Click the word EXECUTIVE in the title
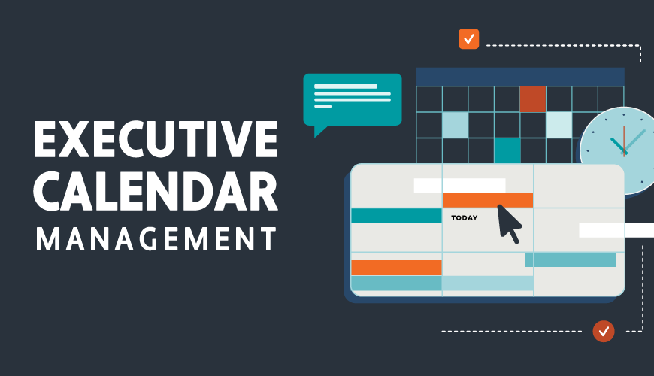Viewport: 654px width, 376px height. (156, 139)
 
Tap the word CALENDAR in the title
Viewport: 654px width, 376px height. (156, 190)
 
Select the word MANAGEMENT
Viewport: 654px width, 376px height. (156, 239)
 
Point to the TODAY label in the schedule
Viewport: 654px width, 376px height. (464, 219)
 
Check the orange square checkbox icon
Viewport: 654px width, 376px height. (468, 38)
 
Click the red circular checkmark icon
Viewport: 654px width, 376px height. (603, 330)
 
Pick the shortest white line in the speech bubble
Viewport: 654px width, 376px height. (322, 106)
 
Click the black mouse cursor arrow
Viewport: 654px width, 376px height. (509, 222)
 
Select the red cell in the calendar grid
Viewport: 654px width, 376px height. (532, 99)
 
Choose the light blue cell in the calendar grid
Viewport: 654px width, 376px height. (455, 125)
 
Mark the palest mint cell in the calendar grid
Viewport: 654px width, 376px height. (559, 125)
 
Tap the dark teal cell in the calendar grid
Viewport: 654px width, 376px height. (507, 150)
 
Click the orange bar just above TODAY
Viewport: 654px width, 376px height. (487, 200)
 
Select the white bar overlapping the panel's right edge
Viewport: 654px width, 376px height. (615, 230)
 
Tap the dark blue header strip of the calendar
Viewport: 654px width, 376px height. (519, 76)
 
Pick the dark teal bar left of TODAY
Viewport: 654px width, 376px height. (396, 216)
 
